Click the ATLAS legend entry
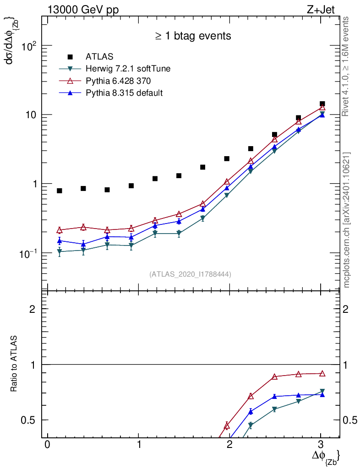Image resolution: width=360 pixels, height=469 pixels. tap(99, 57)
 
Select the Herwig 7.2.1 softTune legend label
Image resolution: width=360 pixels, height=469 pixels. tap(128, 69)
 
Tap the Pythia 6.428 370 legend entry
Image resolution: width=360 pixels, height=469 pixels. tap(119, 81)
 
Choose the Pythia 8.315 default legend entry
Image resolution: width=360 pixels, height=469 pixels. tap(124, 93)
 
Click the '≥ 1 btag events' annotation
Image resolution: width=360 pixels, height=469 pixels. tap(192, 36)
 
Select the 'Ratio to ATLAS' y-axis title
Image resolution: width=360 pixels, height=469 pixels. tap(15, 364)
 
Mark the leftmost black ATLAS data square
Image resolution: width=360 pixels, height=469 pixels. tap(60, 191)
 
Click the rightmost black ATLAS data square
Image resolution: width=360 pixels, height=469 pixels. tap(322, 104)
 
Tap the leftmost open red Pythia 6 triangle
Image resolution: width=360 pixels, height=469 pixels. tap(60, 230)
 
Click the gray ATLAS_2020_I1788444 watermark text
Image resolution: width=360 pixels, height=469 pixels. tap(190, 274)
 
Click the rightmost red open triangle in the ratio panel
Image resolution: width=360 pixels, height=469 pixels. tap(322, 373)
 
